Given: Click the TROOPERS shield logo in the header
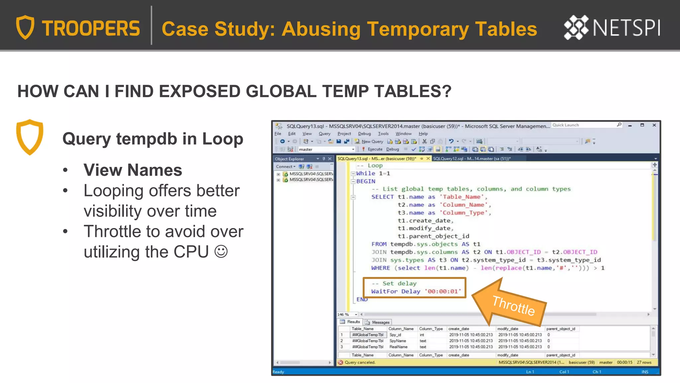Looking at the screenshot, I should click(x=25, y=28).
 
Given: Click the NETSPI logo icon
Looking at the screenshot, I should click(x=576, y=28).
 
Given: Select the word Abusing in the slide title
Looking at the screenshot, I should click(x=321, y=29).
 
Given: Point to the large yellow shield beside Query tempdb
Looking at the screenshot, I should click(x=30, y=137).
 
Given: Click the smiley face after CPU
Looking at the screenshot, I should click(x=221, y=252).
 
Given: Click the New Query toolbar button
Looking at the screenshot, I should click(x=369, y=141).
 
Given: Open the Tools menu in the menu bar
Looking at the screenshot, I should click(x=383, y=134).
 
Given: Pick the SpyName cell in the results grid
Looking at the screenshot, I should click(x=398, y=341).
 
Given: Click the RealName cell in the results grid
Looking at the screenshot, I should click(x=398, y=347).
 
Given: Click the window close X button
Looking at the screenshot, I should click(x=654, y=125).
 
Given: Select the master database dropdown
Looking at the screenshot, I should click(x=326, y=150).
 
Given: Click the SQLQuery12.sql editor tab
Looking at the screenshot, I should click(x=471, y=159).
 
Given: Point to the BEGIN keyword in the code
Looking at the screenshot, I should click(x=366, y=181).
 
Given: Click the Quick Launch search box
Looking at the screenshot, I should click(x=584, y=125).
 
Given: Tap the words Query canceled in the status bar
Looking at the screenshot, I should click(x=360, y=362).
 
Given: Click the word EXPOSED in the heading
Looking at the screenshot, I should click(x=196, y=91).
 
